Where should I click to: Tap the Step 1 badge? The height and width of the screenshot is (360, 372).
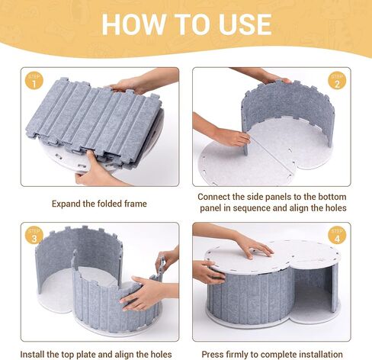point(34,81)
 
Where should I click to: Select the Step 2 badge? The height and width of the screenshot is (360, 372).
point(337,81)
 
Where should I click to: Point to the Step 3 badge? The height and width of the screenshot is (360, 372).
point(34,236)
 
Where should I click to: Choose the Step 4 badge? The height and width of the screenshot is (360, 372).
point(337,235)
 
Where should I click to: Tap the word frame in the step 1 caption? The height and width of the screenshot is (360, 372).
point(136,204)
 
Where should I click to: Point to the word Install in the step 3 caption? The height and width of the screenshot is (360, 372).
point(31,354)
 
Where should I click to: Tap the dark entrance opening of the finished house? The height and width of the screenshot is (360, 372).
point(310,290)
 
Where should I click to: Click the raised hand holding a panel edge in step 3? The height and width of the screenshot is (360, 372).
point(166,259)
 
